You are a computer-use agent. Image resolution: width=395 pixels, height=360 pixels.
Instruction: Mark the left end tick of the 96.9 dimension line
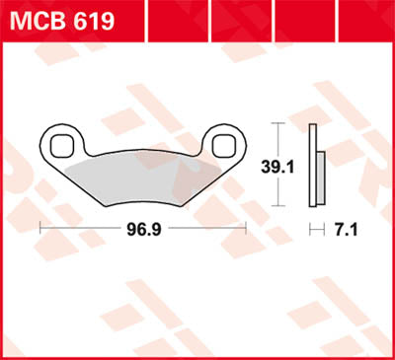tap(39, 227)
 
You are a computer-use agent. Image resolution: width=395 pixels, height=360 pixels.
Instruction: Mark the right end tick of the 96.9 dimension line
tap(246, 227)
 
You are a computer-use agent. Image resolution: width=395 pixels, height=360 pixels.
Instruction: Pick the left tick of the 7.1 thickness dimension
tap(310, 227)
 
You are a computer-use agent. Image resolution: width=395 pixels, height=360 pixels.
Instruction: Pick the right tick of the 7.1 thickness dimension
tap(323, 227)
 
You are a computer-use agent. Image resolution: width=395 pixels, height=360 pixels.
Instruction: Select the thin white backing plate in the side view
tap(313, 165)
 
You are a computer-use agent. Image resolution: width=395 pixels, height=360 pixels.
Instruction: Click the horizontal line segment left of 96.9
tap(79, 227)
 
